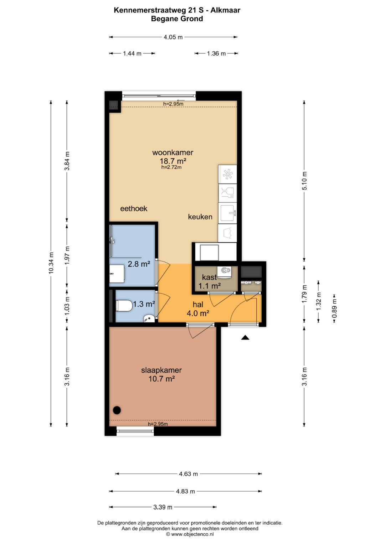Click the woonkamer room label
pos(173,152)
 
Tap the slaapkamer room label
pos(161,370)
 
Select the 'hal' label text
pos(198,304)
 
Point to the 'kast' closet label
pos(209,277)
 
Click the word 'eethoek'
pos(134,209)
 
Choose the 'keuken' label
pos(200,217)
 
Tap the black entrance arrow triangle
pos(245,337)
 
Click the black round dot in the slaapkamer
pos(117,410)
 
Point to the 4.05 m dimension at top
pos(173,37)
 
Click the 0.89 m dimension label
pos(334,308)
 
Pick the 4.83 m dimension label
pos(185,491)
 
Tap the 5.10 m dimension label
pos(304,181)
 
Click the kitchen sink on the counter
pos(227,213)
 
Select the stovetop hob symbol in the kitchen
pos(228,174)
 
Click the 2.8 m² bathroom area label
pos(139,264)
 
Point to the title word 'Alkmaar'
pos(225,10)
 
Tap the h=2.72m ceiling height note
pos(171,167)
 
